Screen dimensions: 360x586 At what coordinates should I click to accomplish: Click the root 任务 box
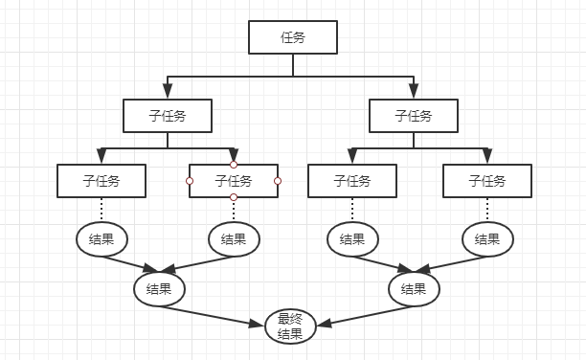pyautogui.click(x=293, y=37)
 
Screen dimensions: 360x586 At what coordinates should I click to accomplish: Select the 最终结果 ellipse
pyautogui.click(x=289, y=326)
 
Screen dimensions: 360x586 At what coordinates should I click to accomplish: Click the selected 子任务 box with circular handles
pyautogui.click(x=234, y=180)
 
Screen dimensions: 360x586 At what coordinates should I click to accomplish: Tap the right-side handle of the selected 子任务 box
pyautogui.click(x=278, y=181)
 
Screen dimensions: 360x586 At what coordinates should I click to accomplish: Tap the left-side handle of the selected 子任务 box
pyautogui.click(x=190, y=181)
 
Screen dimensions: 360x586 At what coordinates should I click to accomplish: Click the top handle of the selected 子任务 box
pyautogui.click(x=234, y=165)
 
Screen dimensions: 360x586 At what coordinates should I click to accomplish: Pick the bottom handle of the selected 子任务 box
pyautogui.click(x=234, y=197)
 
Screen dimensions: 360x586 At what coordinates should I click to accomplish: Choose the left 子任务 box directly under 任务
pyautogui.click(x=168, y=116)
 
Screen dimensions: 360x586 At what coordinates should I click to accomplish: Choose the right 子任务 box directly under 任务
pyautogui.click(x=414, y=116)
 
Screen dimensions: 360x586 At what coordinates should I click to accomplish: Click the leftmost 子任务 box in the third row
pyautogui.click(x=101, y=180)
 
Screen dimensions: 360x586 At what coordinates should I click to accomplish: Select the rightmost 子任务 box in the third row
pyautogui.click(x=486, y=180)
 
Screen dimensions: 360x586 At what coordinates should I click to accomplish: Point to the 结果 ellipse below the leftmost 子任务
pyautogui.click(x=101, y=238)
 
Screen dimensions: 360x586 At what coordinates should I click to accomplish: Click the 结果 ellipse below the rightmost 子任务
pyautogui.click(x=486, y=238)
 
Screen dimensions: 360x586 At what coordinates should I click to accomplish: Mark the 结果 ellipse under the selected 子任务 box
pyautogui.click(x=234, y=238)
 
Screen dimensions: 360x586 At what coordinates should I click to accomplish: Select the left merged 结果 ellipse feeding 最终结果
pyautogui.click(x=159, y=288)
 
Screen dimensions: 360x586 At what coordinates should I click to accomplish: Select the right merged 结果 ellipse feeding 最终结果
pyautogui.click(x=414, y=288)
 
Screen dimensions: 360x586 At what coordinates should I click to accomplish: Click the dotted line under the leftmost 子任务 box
pyautogui.click(x=101, y=210)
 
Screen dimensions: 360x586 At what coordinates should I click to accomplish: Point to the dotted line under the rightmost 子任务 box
pyautogui.click(x=486, y=210)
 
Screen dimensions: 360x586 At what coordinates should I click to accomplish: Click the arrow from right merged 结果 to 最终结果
pyautogui.click(x=362, y=315)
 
